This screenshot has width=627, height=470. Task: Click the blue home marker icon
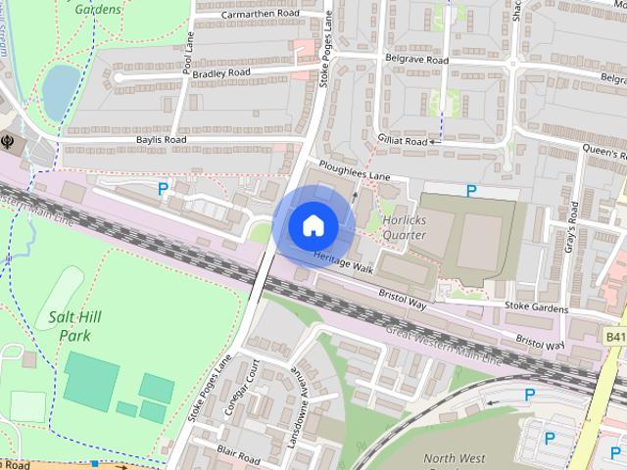[313, 225]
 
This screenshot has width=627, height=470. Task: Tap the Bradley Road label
[221, 73]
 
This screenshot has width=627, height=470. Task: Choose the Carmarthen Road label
[262, 15]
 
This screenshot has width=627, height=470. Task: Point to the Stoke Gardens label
[536, 307]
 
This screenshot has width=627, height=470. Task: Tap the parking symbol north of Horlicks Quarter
[471, 191]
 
